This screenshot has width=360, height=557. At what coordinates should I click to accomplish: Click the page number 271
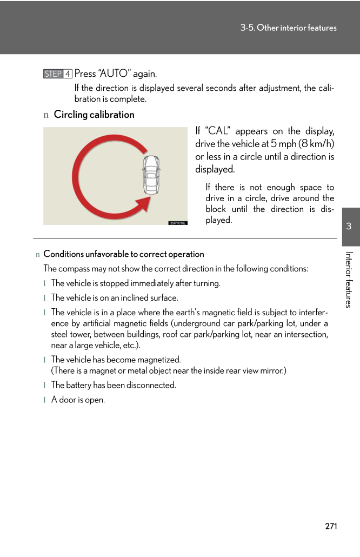point(331,526)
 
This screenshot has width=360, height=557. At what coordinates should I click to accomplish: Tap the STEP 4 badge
point(58,74)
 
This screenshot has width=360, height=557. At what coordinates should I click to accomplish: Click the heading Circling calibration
point(94,115)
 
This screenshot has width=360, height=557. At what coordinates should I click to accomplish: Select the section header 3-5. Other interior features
point(288,28)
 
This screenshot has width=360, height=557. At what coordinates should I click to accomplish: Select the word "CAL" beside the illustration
point(216,131)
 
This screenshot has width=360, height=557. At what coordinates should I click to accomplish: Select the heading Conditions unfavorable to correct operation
point(124,254)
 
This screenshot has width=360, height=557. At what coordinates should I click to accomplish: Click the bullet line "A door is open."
point(78,400)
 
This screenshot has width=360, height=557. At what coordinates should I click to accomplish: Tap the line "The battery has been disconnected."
point(114,386)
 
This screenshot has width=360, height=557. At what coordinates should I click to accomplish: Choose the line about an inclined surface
point(115,298)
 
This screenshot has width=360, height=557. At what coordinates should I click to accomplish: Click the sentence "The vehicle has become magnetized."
point(116,360)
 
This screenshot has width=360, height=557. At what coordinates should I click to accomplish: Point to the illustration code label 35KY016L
point(178,222)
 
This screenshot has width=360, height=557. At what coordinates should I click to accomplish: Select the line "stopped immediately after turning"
point(136,283)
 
